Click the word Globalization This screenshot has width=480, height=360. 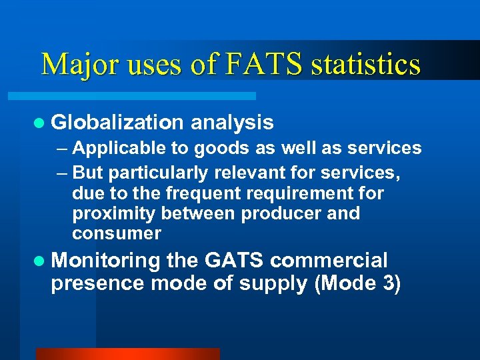pos(117,122)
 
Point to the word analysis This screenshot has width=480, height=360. pos(232,122)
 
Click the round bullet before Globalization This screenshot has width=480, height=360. pos(40,123)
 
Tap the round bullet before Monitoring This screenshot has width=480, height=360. pos(40,260)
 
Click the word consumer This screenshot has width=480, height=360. pos(117,233)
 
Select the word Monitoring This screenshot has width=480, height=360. pos(107,260)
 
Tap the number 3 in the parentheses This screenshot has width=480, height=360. pos(388,283)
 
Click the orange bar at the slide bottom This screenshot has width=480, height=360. pos(127,353)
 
